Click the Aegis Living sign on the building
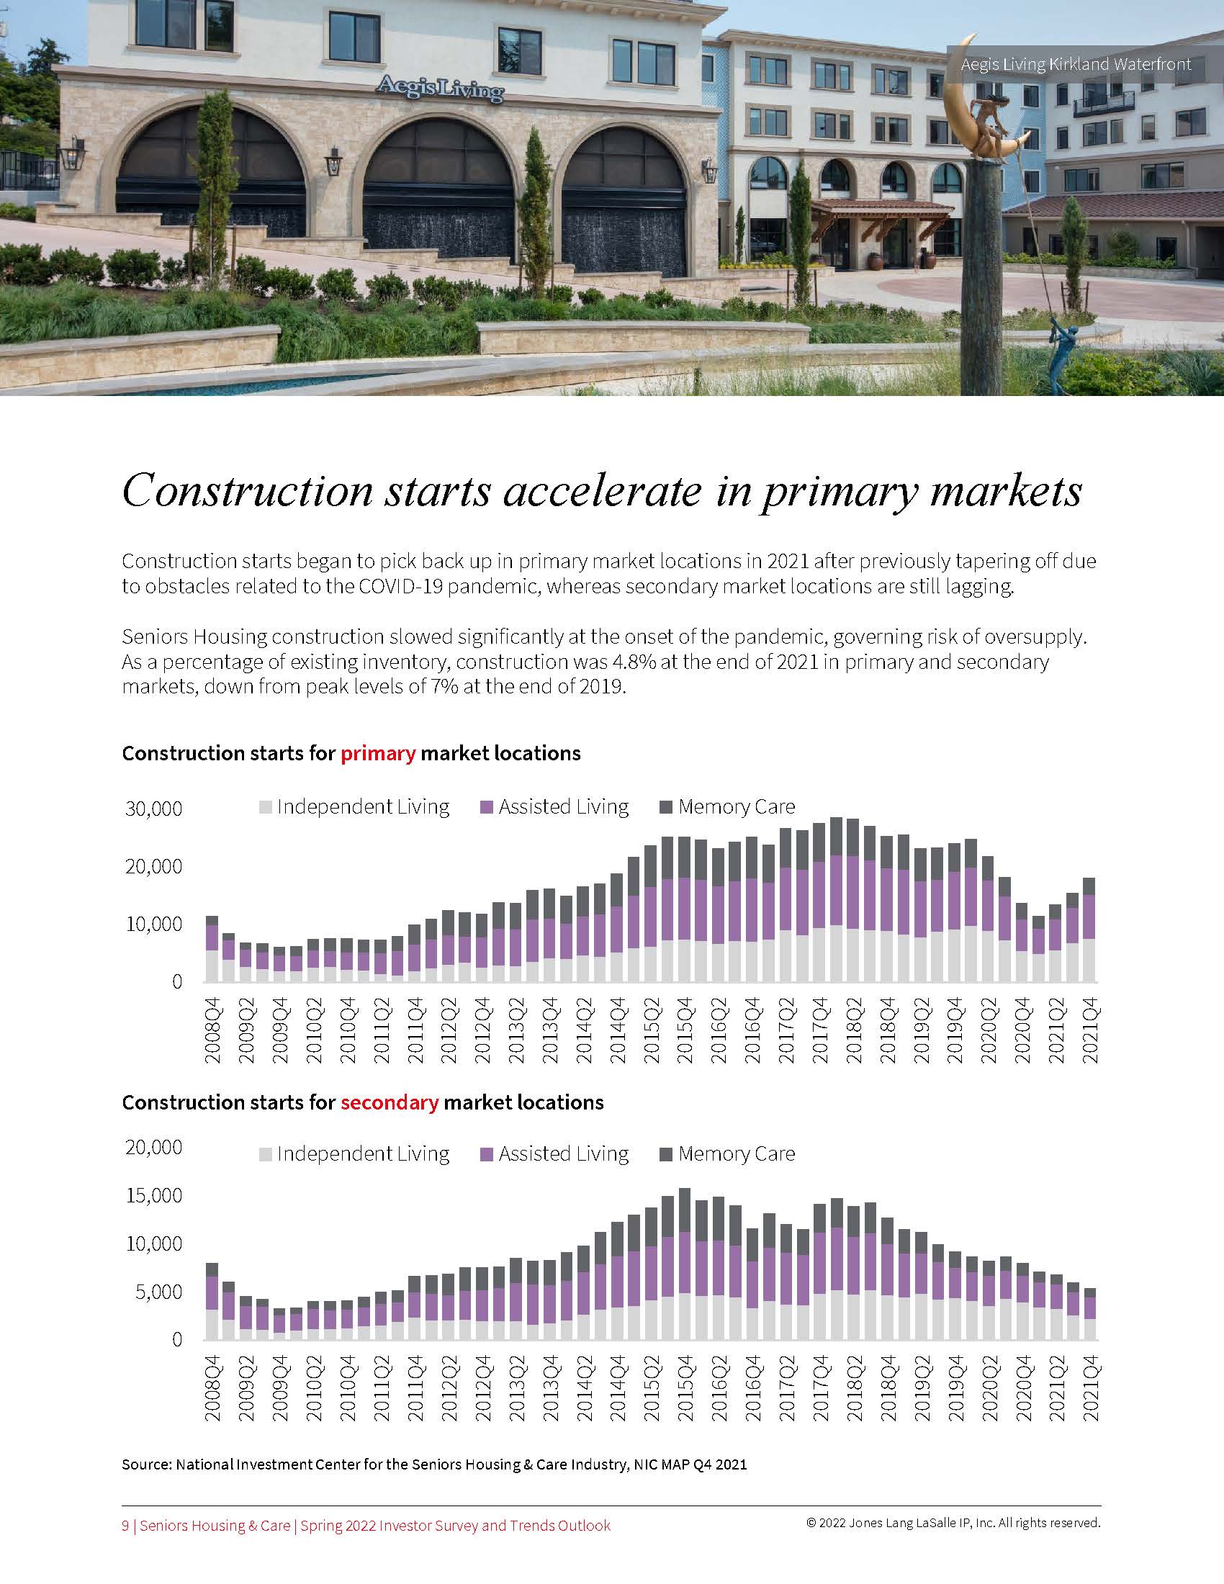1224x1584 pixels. (x=439, y=89)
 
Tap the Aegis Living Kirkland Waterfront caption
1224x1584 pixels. (x=1076, y=65)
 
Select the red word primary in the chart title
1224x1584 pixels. (x=378, y=754)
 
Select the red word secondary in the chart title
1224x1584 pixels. (x=390, y=1103)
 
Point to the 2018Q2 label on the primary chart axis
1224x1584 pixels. (x=852, y=1031)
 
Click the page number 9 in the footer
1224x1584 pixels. (x=125, y=1526)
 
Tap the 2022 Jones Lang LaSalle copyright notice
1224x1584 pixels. (x=953, y=1523)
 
